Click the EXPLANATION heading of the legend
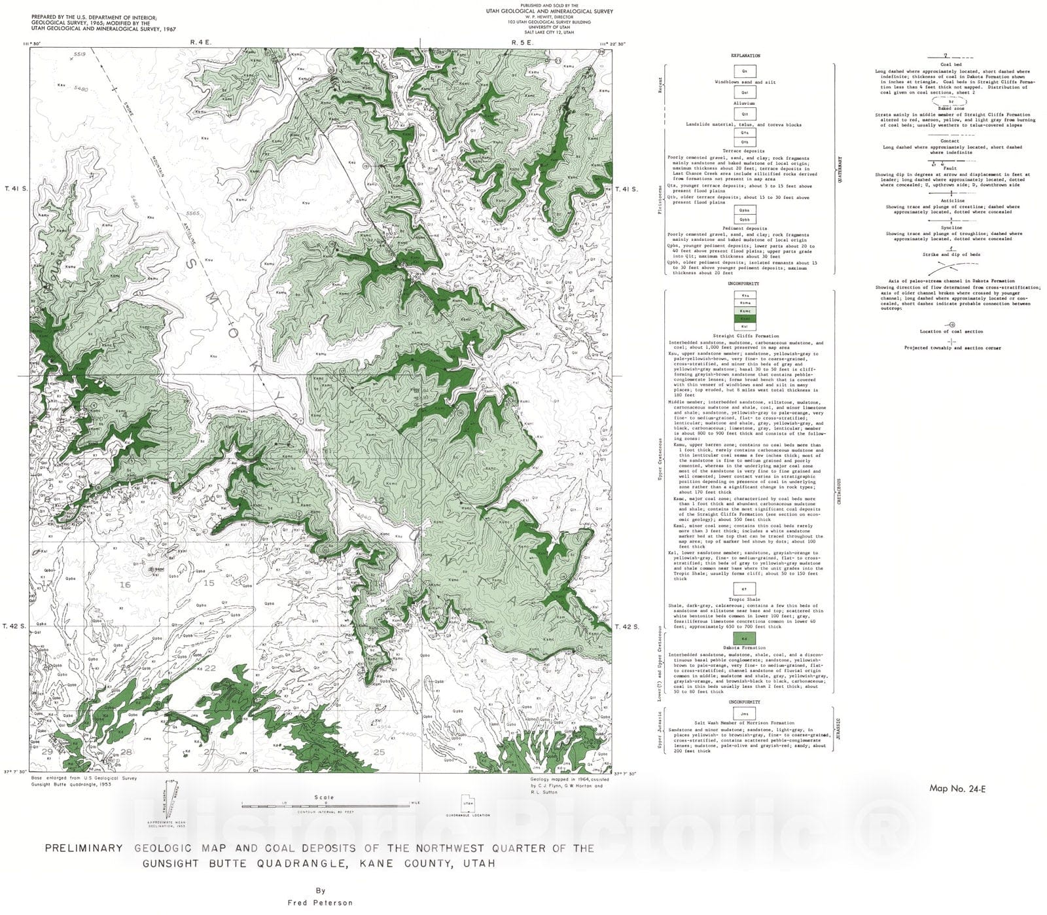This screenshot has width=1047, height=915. click(x=745, y=56)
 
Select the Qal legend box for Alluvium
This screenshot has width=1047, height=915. click(x=745, y=93)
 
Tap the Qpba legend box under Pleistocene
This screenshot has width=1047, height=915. click(x=745, y=211)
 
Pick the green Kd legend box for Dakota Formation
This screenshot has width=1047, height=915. click(x=745, y=638)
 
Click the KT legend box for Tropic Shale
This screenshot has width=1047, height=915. click(x=745, y=589)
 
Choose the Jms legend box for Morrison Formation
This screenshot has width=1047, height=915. click(x=745, y=714)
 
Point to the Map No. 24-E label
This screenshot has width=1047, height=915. click(x=957, y=789)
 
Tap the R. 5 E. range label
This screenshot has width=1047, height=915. click(x=523, y=42)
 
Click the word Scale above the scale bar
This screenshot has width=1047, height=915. click(x=324, y=797)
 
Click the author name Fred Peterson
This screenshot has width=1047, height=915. click(x=320, y=903)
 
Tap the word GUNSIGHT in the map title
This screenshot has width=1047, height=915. click(x=173, y=863)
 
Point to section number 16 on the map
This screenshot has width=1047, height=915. click(x=125, y=584)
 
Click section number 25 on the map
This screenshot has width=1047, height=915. click(x=379, y=752)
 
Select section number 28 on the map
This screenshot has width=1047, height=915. click(x=126, y=752)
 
